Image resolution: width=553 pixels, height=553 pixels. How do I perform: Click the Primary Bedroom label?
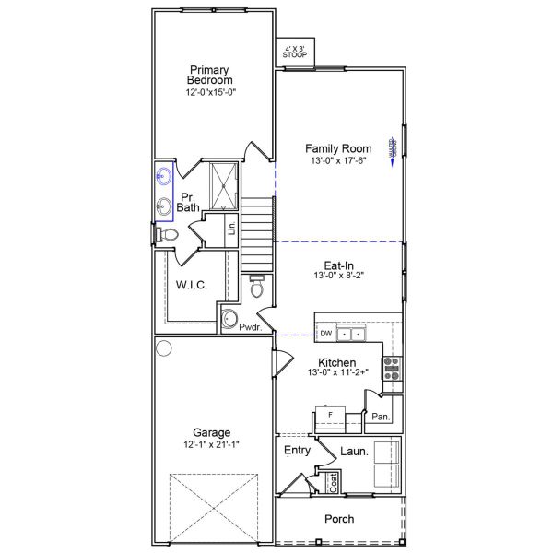(209, 75)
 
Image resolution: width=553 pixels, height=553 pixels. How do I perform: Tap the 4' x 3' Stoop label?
(294, 51)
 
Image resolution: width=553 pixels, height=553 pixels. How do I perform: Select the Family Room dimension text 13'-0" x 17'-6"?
(338, 160)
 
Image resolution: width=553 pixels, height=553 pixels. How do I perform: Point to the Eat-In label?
(339, 265)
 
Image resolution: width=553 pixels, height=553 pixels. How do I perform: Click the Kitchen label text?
(337, 362)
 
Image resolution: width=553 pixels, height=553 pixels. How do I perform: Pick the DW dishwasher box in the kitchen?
(325, 333)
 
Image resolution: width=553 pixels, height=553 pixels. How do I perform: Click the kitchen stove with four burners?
(392, 369)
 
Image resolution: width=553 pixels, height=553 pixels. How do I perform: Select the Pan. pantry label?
(381, 417)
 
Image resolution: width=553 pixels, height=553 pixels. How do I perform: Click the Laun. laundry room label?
(354, 452)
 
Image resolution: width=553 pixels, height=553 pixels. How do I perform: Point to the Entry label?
(297, 450)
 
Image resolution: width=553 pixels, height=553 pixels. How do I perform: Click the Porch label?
(338, 519)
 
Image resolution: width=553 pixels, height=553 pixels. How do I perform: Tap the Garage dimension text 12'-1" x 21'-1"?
(211, 444)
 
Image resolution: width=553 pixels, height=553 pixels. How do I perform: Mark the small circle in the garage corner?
(164, 348)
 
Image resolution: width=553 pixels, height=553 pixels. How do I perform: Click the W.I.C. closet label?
(191, 286)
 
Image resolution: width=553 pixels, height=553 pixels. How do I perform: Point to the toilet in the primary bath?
(167, 235)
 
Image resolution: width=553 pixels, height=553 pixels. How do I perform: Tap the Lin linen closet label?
(232, 228)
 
